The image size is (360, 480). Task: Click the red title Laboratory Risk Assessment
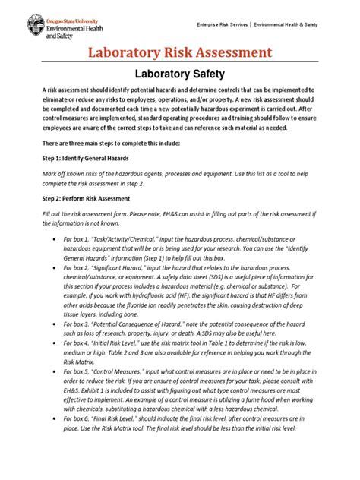(x=180, y=52)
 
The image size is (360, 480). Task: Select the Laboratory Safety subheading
(x=180, y=74)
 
